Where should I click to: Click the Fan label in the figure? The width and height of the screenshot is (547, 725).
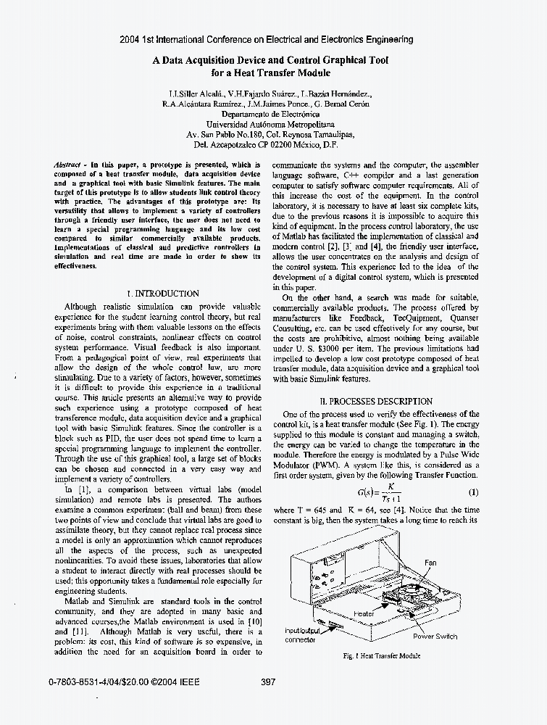[430, 563]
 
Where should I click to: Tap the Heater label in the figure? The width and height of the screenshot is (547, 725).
[364, 614]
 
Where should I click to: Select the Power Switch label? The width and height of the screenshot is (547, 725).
[435, 637]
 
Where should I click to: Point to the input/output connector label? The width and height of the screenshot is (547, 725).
[301, 635]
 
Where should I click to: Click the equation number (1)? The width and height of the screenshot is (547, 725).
[473, 492]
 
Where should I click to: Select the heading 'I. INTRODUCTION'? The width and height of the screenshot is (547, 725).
[162, 294]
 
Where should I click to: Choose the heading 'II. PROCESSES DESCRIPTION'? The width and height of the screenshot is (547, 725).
[376, 401]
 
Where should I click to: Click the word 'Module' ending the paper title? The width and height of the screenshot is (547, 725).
[312, 73]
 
